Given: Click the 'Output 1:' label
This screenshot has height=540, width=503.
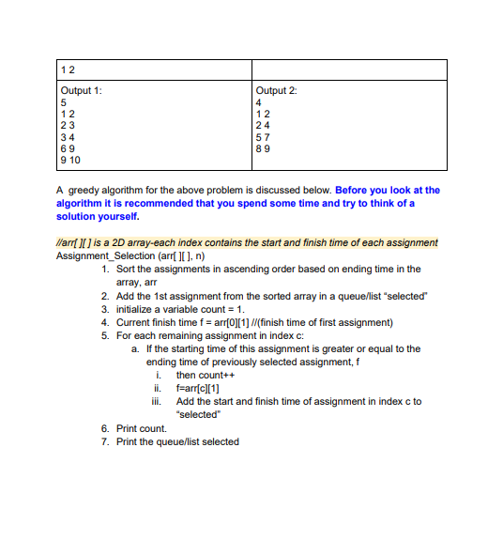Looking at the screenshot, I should pos(81,90).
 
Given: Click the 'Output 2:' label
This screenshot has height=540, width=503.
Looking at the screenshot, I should pos(277,90).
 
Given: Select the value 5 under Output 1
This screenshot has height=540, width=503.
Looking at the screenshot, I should pos(63,102).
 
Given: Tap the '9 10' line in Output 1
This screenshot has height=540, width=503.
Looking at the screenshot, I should pos(69,160).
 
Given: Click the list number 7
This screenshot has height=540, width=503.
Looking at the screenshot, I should pos(104,441).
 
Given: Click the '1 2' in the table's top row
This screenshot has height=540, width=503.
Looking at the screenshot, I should pos(66,70).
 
